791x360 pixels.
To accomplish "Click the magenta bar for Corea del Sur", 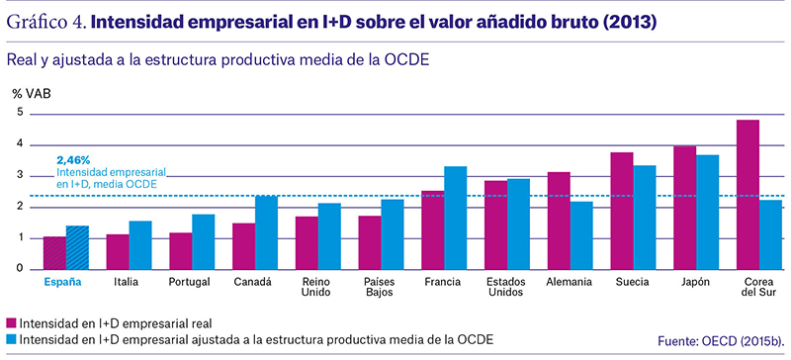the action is click(x=747, y=195).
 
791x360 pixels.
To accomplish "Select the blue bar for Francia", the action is click(x=456, y=218).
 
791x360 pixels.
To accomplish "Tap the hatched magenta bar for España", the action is click(x=54, y=253).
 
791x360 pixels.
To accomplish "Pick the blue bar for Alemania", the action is click(x=581, y=235).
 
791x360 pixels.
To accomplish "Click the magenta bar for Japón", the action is click(x=684, y=208).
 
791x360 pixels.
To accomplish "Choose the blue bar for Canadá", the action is click(x=266, y=232).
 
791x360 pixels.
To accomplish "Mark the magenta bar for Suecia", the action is click(x=622, y=211).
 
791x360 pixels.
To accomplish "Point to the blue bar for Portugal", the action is click(x=204, y=242).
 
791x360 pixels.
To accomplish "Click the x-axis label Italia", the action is click(x=126, y=282).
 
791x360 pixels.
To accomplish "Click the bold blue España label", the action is click(x=62, y=282).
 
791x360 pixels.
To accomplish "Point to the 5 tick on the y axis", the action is click(x=20, y=113).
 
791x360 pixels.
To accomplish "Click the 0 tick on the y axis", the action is click(x=20, y=269).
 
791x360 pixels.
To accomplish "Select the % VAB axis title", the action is click(x=32, y=93).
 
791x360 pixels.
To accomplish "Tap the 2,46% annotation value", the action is click(x=73, y=161).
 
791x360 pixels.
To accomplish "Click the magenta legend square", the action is click(x=11, y=322).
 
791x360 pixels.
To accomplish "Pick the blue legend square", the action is click(x=11, y=339).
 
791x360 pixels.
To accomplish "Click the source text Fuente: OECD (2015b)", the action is click(x=722, y=341).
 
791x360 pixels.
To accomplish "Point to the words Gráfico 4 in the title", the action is click(x=45, y=23).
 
